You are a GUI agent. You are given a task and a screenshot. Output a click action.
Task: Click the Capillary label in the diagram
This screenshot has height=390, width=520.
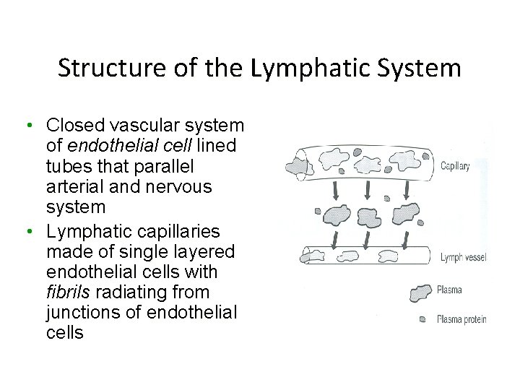[x=455, y=166]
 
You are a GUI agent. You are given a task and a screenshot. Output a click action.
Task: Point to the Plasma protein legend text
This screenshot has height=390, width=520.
[x=461, y=318]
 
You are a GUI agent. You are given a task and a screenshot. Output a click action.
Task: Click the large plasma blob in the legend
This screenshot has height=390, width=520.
[x=420, y=292]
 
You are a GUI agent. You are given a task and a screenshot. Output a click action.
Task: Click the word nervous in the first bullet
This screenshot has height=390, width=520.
[x=177, y=187]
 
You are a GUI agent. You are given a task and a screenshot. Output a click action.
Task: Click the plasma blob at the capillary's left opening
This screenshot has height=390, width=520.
[x=296, y=168]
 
